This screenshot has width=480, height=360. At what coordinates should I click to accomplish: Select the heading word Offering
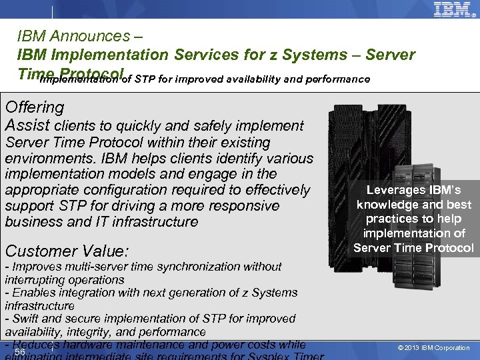pyautogui.click(x=34, y=107)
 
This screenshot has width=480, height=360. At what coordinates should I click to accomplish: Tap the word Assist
pyautogui.click(x=27, y=125)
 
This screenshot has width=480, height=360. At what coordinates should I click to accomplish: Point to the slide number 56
pyautogui.click(x=20, y=352)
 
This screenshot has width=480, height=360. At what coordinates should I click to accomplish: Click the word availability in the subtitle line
pyautogui.click(x=256, y=79)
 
